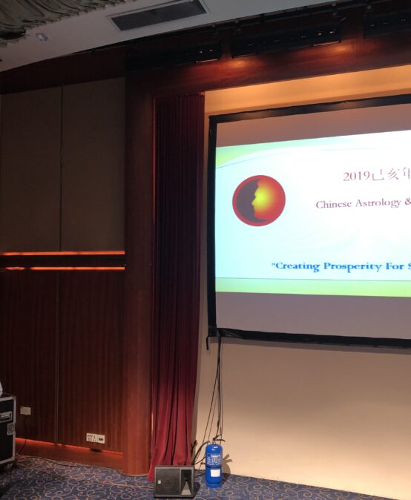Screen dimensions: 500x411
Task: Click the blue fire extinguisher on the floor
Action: point(214,464)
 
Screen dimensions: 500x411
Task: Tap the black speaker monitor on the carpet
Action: point(174,481)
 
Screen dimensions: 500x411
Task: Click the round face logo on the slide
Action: point(259,200)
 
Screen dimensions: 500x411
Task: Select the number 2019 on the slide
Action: point(355,177)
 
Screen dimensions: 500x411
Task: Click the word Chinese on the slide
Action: point(333,204)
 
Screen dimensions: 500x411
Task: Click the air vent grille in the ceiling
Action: point(160,14)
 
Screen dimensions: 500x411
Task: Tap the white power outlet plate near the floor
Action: point(95,438)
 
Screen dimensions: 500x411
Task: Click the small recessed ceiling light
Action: point(42,36)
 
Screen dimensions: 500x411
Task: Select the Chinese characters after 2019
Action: point(390,176)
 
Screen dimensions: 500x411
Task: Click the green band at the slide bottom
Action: point(312,286)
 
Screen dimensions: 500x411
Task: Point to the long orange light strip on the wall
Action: point(62,254)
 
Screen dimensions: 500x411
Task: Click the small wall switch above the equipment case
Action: point(25,410)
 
